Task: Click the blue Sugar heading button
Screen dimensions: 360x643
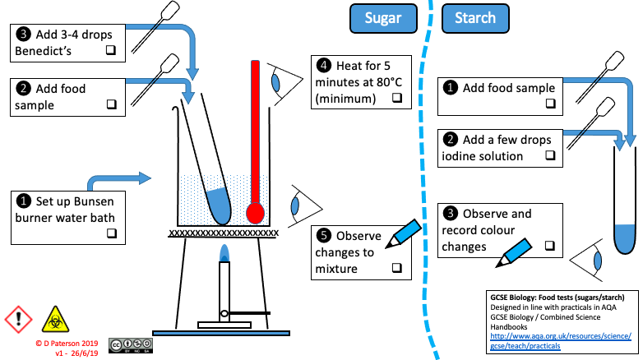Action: (x=384, y=17)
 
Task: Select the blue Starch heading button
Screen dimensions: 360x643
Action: (x=475, y=17)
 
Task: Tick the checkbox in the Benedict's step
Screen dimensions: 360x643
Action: (x=110, y=51)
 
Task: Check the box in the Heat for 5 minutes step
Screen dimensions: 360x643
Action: (x=396, y=98)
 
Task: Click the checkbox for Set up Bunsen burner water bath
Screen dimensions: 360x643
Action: (x=110, y=234)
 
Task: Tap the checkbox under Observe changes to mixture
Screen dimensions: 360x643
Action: (x=396, y=269)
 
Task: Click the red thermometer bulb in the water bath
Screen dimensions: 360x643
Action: (x=255, y=213)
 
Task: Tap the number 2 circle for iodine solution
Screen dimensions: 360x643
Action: (x=451, y=139)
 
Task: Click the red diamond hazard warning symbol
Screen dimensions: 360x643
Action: (x=17, y=316)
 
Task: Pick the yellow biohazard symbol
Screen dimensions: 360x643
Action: (x=52, y=316)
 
